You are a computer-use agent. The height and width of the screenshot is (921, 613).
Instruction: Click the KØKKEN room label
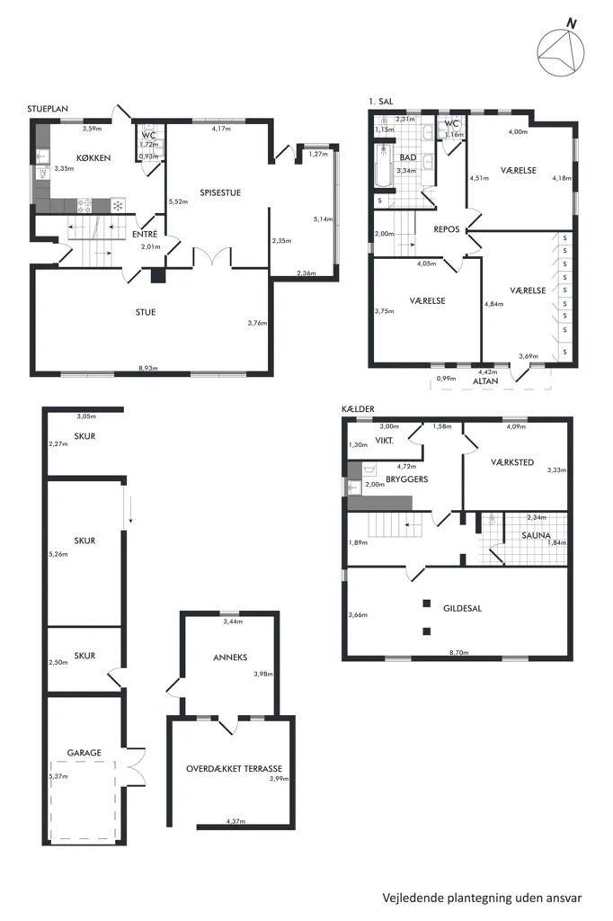pyautogui.click(x=93, y=158)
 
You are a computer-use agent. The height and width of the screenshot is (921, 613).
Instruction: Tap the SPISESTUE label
pyautogui.click(x=220, y=192)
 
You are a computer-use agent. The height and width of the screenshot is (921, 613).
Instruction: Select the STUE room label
pyautogui.click(x=146, y=312)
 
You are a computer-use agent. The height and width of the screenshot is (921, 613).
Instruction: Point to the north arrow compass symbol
pyautogui.click(x=561, y=51)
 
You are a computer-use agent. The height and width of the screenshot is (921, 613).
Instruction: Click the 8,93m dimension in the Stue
pyautogui.click(x=148, y=368)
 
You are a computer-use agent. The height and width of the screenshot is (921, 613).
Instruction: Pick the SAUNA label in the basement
pyautogui.click(x=536, y=536)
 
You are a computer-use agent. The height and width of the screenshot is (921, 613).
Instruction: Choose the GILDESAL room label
pyautogui.click(x=463, y=609)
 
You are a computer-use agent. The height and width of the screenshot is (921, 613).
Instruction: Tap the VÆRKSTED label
pyautogui.click(x=512, y=462)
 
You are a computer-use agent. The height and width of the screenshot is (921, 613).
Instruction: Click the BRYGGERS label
pyautogui.click(x=407, y=479)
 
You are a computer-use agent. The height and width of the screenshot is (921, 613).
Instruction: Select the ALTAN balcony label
pyautogui.click(x=485, y=381)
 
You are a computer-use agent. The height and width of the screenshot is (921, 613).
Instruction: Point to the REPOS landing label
pyautogui.click(x=447, y=229)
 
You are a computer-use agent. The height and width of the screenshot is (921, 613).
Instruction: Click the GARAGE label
pyautogui.click(x=84, y=753)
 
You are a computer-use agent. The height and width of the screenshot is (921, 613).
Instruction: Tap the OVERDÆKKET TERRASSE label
pyautogui.click(x=235, y=768)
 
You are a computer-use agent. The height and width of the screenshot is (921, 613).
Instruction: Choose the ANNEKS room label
pyautogui.click(x=230, y=657)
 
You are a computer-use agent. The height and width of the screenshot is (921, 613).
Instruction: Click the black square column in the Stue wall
pyautogui.click(x=158, y=276)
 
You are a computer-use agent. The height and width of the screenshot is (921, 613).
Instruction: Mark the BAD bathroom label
pyautogui.click(x=408, y=157)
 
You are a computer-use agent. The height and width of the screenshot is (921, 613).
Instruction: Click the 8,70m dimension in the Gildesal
pyautogui.click(x=459, y=653)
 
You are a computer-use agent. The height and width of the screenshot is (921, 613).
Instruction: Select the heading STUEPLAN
pyautogui.click(x=48, y=109)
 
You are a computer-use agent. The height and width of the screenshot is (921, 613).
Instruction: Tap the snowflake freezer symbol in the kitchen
pyautogui.click(x=118, y=206)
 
